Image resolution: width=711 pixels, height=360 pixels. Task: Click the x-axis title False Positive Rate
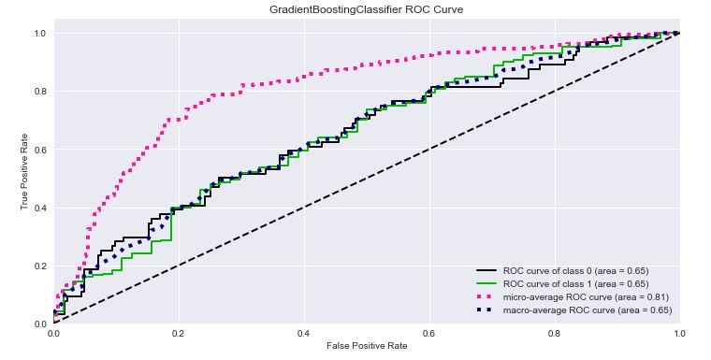point(366,346)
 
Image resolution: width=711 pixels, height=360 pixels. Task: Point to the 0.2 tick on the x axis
point(179,332)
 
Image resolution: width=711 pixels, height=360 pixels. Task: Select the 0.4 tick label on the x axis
point(304,332)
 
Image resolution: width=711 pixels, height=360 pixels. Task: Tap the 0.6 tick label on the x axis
point(429,332)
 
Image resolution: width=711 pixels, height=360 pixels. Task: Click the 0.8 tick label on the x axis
point(555,332)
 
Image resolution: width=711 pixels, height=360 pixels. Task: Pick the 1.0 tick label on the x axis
point(679,332)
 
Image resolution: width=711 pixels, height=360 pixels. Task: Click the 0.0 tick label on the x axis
point(54,332)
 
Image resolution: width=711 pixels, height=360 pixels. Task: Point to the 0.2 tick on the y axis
point(40,266)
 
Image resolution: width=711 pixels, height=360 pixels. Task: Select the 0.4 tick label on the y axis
point(40,208)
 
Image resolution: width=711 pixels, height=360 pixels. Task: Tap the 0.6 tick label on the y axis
point(40,150)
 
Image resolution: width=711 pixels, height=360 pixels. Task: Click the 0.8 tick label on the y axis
point(40,92)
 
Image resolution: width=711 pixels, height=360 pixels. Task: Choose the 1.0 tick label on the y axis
point(40,34)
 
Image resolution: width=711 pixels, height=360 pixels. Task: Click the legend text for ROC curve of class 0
point(576,270)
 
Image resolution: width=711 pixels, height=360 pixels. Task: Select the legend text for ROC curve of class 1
point(576,283)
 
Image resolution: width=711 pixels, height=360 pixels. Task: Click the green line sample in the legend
point(487,283)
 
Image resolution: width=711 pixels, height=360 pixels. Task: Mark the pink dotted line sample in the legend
point(487,296)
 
